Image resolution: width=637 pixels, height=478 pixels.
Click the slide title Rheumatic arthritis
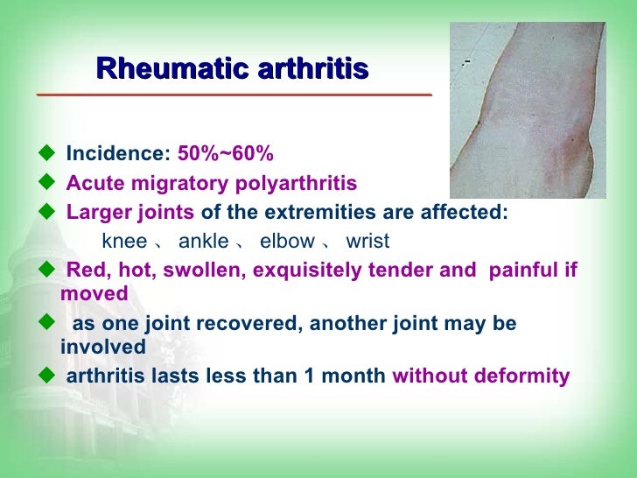point(232,68)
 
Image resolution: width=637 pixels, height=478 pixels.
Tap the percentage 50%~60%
point(226,155)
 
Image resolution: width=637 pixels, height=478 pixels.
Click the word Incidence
point(118,155)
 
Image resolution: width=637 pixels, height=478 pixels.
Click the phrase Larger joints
point(131,213)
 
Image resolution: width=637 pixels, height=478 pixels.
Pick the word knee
point(124,241)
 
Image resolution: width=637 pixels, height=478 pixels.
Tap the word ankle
point(203,241)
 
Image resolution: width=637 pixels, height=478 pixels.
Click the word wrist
point(367,241)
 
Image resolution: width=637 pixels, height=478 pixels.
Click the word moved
point(94,293)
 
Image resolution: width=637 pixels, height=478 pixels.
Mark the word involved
point(103,347)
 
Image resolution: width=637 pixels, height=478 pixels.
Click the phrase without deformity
point(481,376)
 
